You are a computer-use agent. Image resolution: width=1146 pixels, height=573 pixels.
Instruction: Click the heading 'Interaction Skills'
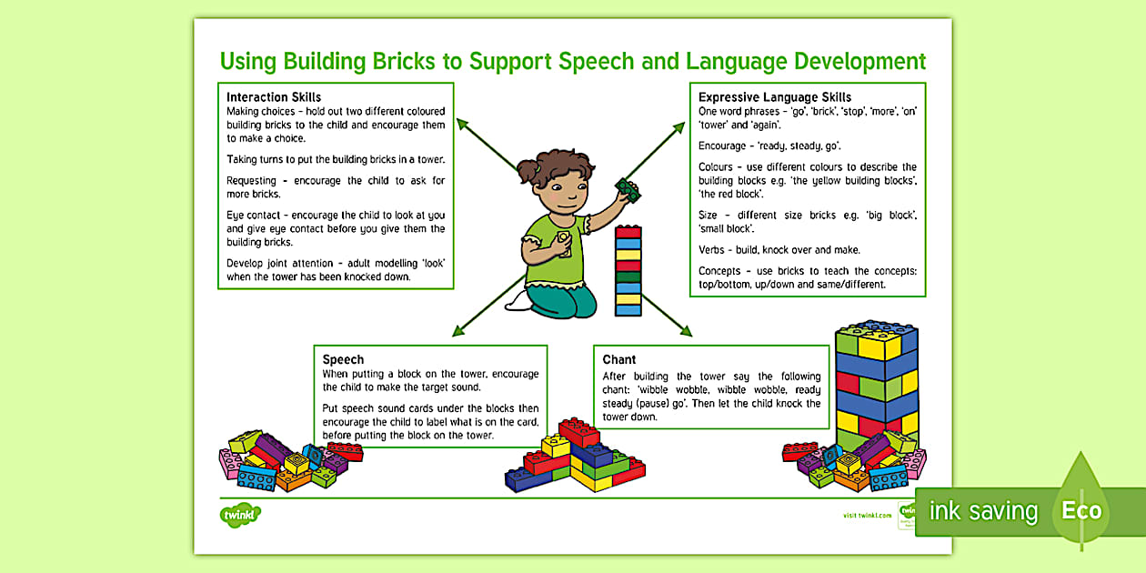[x=274, y=97]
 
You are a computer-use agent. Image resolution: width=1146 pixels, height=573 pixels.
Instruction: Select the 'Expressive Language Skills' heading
[x=775, y=97]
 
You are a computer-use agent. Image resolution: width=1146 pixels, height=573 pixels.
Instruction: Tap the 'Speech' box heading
[x=343, y=360]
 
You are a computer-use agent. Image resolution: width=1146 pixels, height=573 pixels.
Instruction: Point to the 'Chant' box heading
[x=619, y=360]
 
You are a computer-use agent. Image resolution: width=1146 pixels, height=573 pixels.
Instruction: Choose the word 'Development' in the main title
[x=859, y=62]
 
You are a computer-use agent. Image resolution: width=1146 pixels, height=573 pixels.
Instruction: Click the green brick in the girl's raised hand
[x=628, y=188]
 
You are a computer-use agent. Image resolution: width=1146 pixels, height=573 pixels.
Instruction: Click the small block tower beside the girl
[x=628, y=271]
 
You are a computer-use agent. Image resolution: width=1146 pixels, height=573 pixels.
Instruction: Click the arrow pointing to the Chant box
[x=668, y=314]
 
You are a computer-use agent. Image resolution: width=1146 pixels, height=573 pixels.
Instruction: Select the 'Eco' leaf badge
[x=1081, y=508]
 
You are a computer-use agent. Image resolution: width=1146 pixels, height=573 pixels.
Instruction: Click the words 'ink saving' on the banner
[x=983, y=511]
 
